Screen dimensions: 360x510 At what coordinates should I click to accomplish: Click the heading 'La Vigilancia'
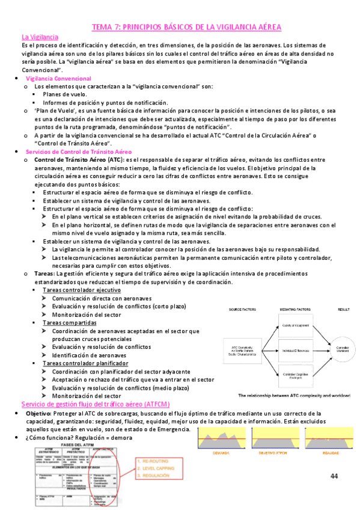click(x=40, y=37)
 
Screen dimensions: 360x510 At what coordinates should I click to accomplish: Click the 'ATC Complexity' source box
click(x=241, y=350)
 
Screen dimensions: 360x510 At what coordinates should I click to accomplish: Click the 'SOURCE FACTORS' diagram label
click(x=241, y=309)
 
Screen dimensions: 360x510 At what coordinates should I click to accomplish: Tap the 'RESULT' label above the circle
click(x=343, y=309)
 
